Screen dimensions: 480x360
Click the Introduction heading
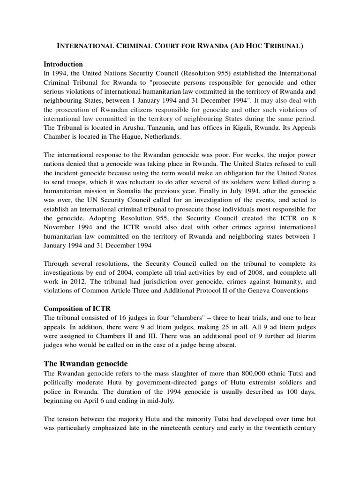pos(63,64)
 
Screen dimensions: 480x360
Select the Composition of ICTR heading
pos(76,308)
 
